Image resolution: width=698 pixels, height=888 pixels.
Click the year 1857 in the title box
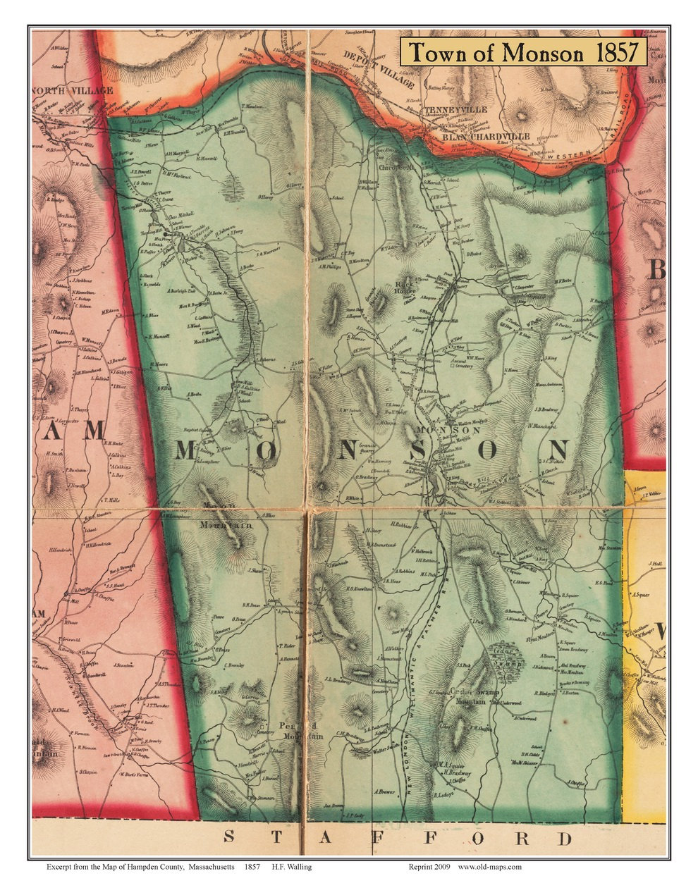click(x=618, y=52)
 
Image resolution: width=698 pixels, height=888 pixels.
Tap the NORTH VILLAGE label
click(x=73, y=91)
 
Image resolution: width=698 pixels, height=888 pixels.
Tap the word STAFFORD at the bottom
click(x=398, y=838)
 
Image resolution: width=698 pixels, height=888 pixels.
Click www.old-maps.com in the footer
click(x=489, y=866)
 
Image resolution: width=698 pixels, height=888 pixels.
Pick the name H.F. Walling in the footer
click(x=291, y=866)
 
